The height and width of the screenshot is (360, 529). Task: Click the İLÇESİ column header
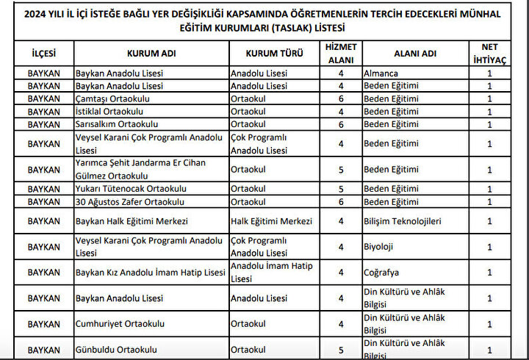(43, 54)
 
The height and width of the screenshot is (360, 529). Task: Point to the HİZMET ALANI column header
(340, 54)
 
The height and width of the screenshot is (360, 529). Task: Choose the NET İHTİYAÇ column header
(489, 54)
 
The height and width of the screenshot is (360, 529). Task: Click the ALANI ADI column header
(415, 54)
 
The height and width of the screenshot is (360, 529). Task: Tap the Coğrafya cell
(382, 273)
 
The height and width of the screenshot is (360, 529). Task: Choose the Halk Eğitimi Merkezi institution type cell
(271, 221)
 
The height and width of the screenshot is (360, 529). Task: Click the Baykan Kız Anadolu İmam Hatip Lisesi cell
(150, 273)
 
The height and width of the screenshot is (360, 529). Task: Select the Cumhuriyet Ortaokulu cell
(120, 324)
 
